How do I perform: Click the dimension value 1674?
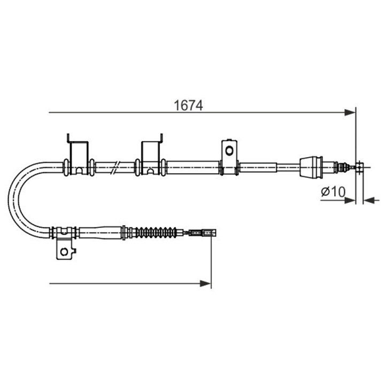coord(188,105)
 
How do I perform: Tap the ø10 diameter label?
coord(333,191)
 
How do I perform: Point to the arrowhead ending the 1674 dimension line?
coord(350,112)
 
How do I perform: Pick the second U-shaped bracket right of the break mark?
coord(151,155)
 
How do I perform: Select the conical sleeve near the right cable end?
coord(312,167)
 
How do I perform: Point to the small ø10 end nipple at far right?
coord(360,167)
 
